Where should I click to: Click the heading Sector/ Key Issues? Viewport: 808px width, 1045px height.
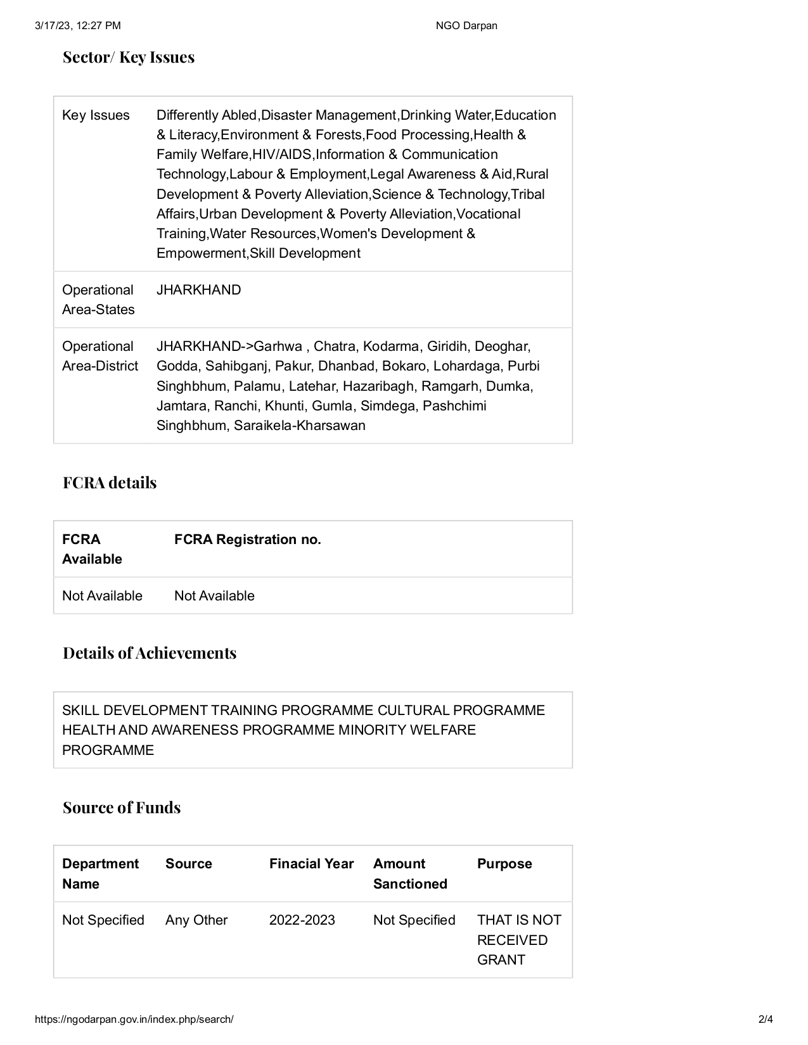(x=129, y=58)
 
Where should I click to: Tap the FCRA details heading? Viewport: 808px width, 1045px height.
(x=110, y=483)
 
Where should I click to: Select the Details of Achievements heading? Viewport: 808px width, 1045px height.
(x=150, y=654)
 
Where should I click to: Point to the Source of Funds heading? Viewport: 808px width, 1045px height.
(x=122, y=808)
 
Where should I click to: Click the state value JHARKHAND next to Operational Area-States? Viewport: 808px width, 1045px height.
(x=199, y=290)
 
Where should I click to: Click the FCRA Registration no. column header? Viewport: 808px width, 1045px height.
(x=248, y=540)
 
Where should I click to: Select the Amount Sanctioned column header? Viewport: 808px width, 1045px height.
(x=410, y=873)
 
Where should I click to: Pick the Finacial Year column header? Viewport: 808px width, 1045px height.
(x=311, y=864)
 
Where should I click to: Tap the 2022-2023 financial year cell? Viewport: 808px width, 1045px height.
(x=302, y=920)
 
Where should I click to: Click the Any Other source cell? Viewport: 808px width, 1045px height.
(x=196, y=920)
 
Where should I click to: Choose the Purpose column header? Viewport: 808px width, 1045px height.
(x=504, y=864)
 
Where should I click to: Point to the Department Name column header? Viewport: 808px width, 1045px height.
(x=100, y=873)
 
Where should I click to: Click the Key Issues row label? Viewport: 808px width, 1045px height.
(x=96, y=115)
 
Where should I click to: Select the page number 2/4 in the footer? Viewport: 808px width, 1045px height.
(x=766, y=1020)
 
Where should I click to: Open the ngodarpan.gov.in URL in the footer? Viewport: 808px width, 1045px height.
(x=134, y=1020)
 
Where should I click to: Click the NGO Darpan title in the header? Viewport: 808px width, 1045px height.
(x=466, y=26)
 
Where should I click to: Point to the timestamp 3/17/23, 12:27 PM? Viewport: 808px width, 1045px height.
(x=78, y=26)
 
